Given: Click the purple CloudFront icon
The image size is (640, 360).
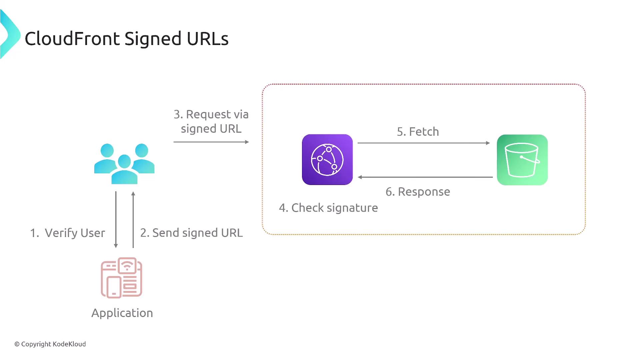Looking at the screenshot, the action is click(x=327, y=160).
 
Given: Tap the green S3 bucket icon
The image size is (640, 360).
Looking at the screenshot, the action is click(x=522, y=160).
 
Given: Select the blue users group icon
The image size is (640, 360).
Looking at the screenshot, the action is click(x=124, y=164).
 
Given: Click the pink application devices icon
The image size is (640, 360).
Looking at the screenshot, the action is click(x=122, y=277).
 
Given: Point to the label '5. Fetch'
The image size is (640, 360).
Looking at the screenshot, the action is click(x=418, y=132).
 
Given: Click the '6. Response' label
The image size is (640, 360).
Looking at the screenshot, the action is click(x=418, y=192).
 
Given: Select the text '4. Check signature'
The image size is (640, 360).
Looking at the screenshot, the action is click(x=329, y=208).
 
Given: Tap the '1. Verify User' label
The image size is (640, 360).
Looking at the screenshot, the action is click(x=68, y=233).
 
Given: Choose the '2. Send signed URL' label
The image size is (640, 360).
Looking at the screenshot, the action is click(x=192, y=233).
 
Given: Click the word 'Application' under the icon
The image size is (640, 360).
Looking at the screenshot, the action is click(x=122, y=313).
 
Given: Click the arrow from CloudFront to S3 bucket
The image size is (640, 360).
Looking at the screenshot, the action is click(x=424, y=143).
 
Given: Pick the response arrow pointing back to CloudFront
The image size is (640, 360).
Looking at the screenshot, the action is click(x=425, y=177).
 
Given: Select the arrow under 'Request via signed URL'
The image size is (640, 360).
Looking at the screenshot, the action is click(x=211, y=142).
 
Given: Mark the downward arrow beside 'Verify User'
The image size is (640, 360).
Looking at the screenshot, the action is click(x=116, y=220).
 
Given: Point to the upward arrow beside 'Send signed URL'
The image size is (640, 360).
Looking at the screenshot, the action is click(x=133, y=220).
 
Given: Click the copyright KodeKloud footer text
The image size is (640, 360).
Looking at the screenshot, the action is click(x=50, y=344).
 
